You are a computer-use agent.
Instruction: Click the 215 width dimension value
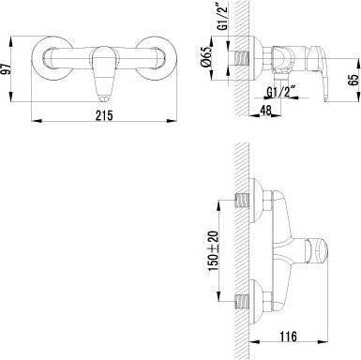coord(104,115)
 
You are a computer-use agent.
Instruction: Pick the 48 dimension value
coord(266,111)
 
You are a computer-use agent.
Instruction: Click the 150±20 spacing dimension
coord(213,251)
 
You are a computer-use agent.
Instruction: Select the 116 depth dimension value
coord(288,337)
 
